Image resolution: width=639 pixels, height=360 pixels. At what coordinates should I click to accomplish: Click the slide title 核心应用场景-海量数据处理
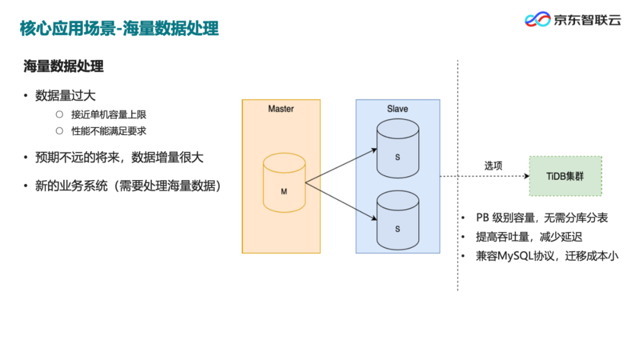(x=119, y=28)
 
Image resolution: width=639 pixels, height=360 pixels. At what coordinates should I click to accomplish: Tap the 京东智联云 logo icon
(x=537, y=20)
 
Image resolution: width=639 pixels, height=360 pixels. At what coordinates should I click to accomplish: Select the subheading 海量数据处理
(x=63, y=66)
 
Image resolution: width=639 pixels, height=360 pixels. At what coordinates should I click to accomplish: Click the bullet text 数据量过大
(x=65, y=96)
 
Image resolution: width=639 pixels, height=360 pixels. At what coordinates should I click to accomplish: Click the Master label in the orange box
(x=280, y=109)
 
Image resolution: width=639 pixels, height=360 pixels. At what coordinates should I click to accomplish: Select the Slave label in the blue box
(x=397, y=109)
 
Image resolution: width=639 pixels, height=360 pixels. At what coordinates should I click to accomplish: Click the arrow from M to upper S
(x=341, y=166)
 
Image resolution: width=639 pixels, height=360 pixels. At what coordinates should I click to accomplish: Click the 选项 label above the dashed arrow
(x=493, y=166)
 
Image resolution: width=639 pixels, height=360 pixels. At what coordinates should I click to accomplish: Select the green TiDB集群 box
(x=565, y=176)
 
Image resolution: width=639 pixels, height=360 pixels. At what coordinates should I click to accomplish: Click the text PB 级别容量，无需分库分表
(x=541, y=218)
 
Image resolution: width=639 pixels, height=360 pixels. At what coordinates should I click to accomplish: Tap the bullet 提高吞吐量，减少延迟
(x=529, y=237)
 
